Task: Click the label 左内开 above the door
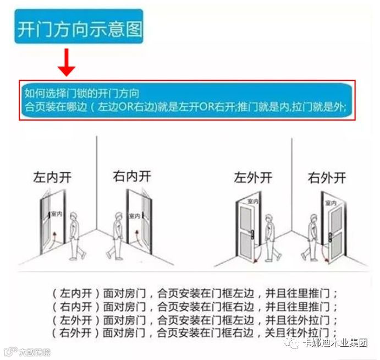point(52,177)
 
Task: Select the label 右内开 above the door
point(131,176)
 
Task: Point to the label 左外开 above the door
point(252,177)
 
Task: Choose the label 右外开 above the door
point(327,177)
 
